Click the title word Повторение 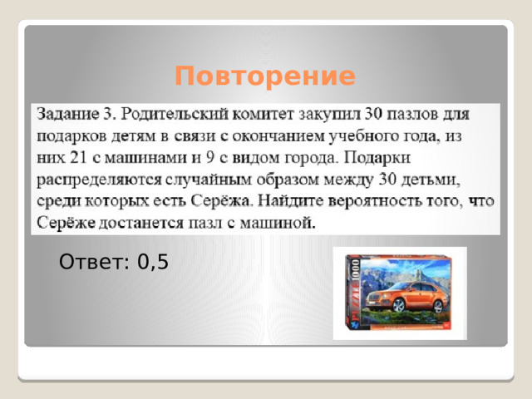(x=265, y=77)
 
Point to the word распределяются (x=93, y=180)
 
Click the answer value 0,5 (x=153, y=263)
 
